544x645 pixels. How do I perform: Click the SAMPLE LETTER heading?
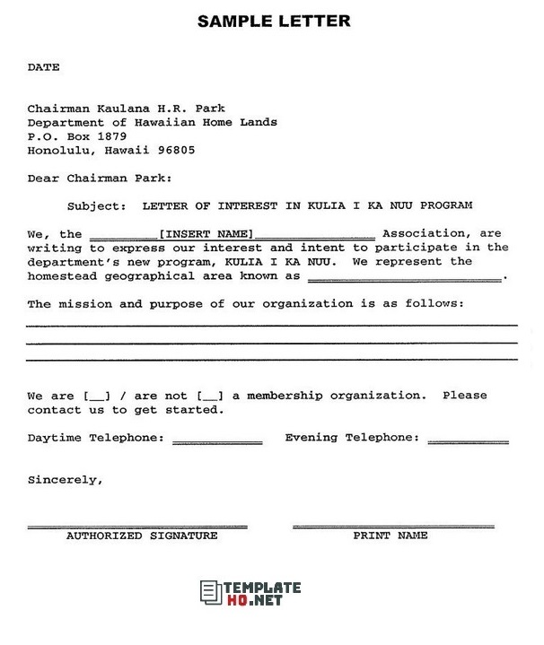click(274, 20)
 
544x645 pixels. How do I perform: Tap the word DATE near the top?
click(43, 67)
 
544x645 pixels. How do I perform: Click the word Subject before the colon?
click(96, 205)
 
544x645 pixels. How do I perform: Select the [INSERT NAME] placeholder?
click(206, 233)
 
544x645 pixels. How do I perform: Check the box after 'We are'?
click(95, 396)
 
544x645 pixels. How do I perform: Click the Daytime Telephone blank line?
click(217, 440)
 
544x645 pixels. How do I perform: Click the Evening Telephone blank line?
click(468, 440)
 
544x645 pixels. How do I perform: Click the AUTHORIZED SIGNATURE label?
click(142, 536)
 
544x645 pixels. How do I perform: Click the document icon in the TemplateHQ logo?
click(210, 592)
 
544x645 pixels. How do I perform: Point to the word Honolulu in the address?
click(61, 150)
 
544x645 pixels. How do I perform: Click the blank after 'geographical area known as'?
click(405, 277)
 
